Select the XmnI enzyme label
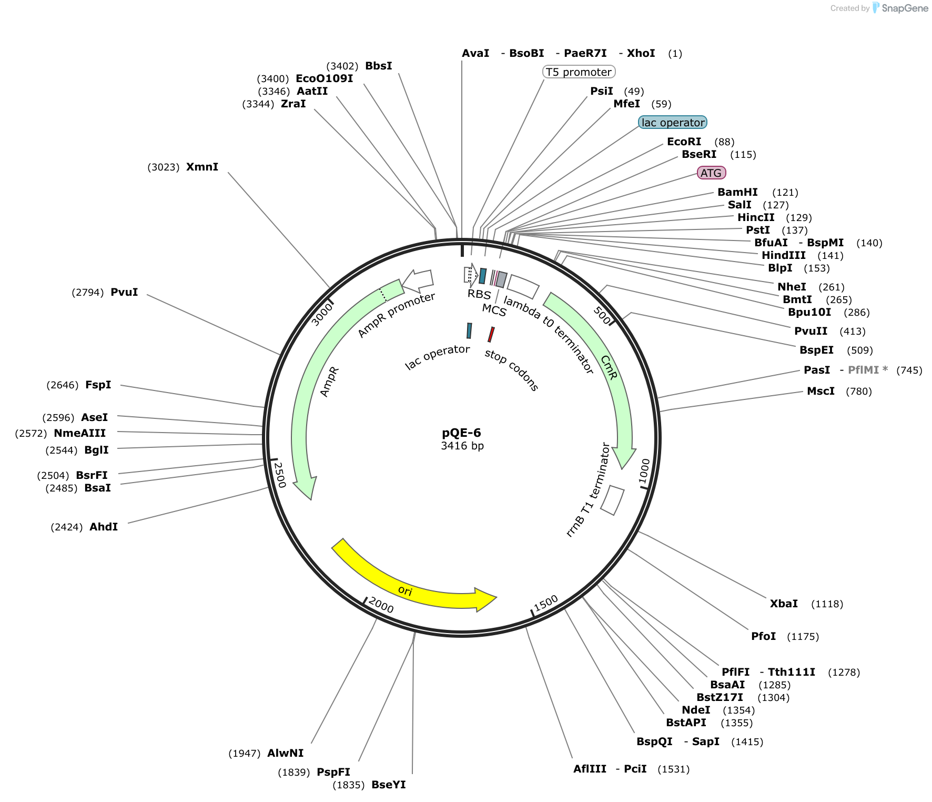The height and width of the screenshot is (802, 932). (202, 167)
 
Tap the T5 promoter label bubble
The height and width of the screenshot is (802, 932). (579, 72)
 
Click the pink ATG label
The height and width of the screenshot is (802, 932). (711, 173)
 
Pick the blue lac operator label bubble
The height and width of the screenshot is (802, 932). (673, 123)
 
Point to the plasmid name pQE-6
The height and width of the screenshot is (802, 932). (461, 433)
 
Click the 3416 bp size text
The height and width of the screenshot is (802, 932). (462, 446)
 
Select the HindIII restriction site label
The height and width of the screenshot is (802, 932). (784, 255)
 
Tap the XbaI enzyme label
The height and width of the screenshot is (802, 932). (784, 604)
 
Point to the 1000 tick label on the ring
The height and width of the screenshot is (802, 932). (644, 471)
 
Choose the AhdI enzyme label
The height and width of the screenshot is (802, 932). (104, 527)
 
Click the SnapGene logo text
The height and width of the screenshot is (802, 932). (905, 8)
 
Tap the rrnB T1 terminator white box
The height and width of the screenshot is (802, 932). (612, 500)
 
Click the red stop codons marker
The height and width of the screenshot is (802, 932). (491, 335)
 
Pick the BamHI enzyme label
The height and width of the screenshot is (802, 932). (737, 192)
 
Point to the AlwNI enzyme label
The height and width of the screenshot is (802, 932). (286, 753)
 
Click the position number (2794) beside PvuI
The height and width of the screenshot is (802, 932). (87, 292)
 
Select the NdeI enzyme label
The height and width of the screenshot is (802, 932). (696, 710)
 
